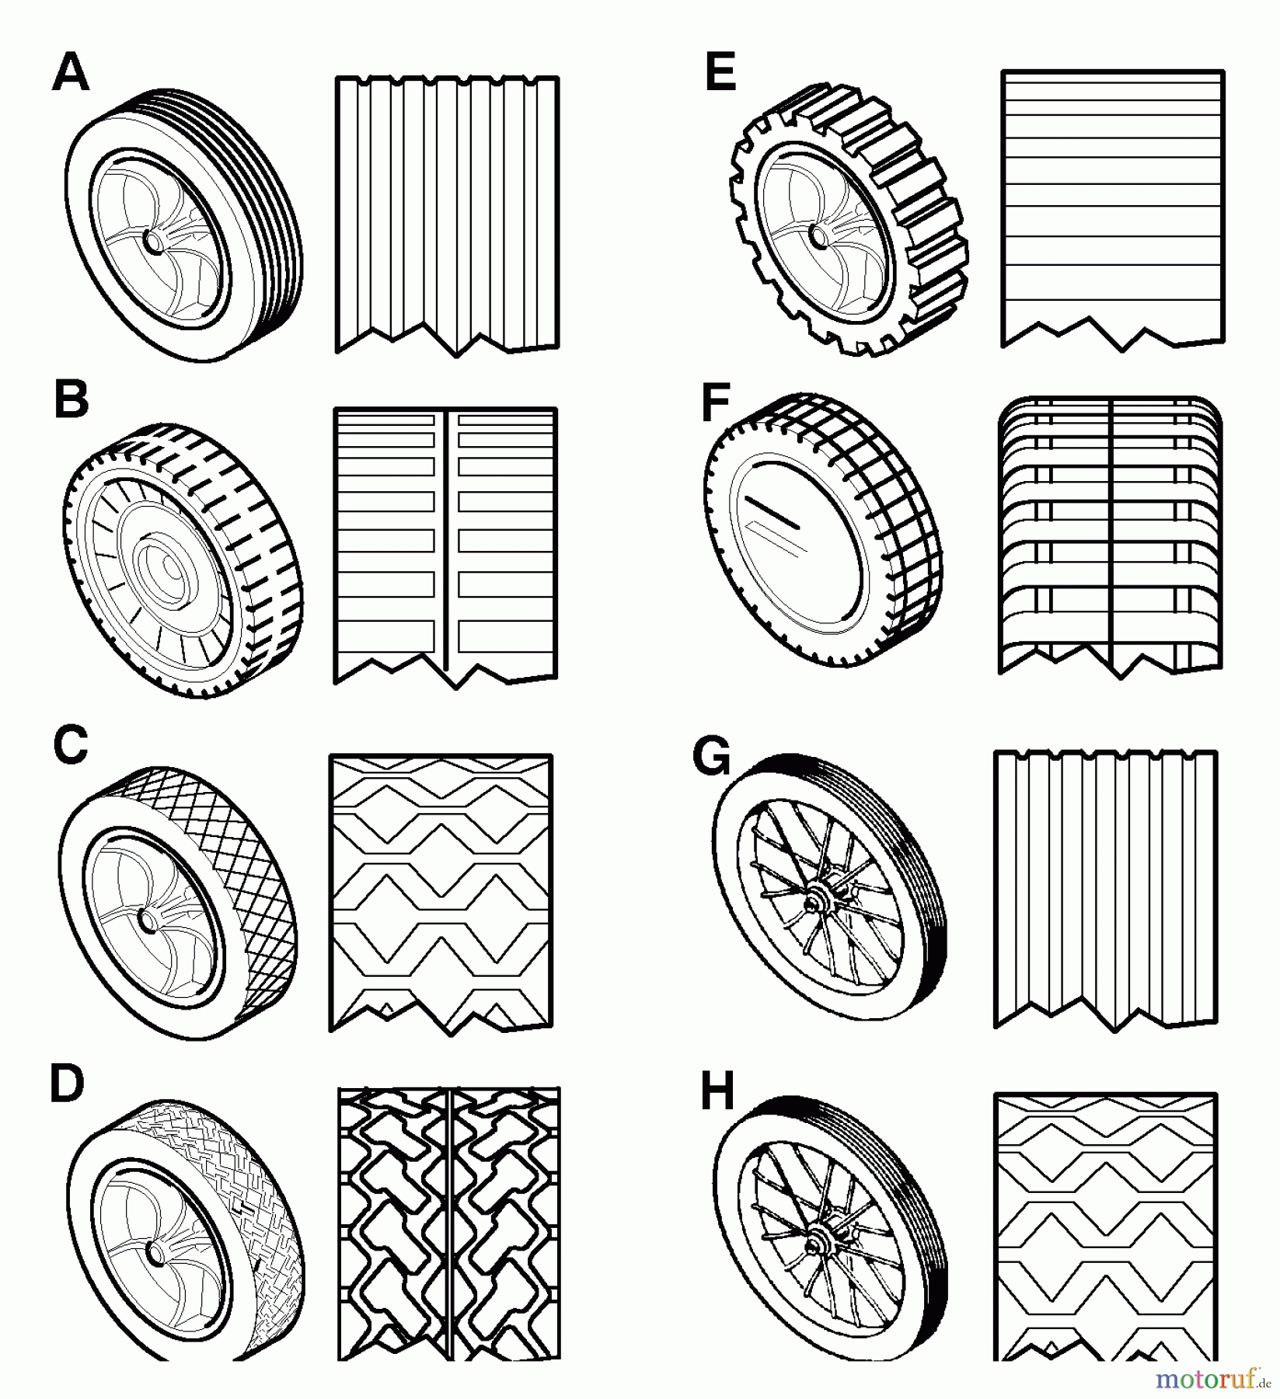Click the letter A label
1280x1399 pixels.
(x=71, y=75)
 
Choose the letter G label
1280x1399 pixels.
(x=713, y=756)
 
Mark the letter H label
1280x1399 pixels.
(x=717, y=1090)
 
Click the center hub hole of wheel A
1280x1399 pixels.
(x=154, y=242)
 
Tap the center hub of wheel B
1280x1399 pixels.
(x=164, y=568)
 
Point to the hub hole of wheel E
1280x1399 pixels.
(x=818, y=232)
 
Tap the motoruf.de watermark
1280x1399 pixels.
(x=1215, y=1379)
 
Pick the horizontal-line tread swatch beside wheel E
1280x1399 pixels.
(x=1112, y=206)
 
